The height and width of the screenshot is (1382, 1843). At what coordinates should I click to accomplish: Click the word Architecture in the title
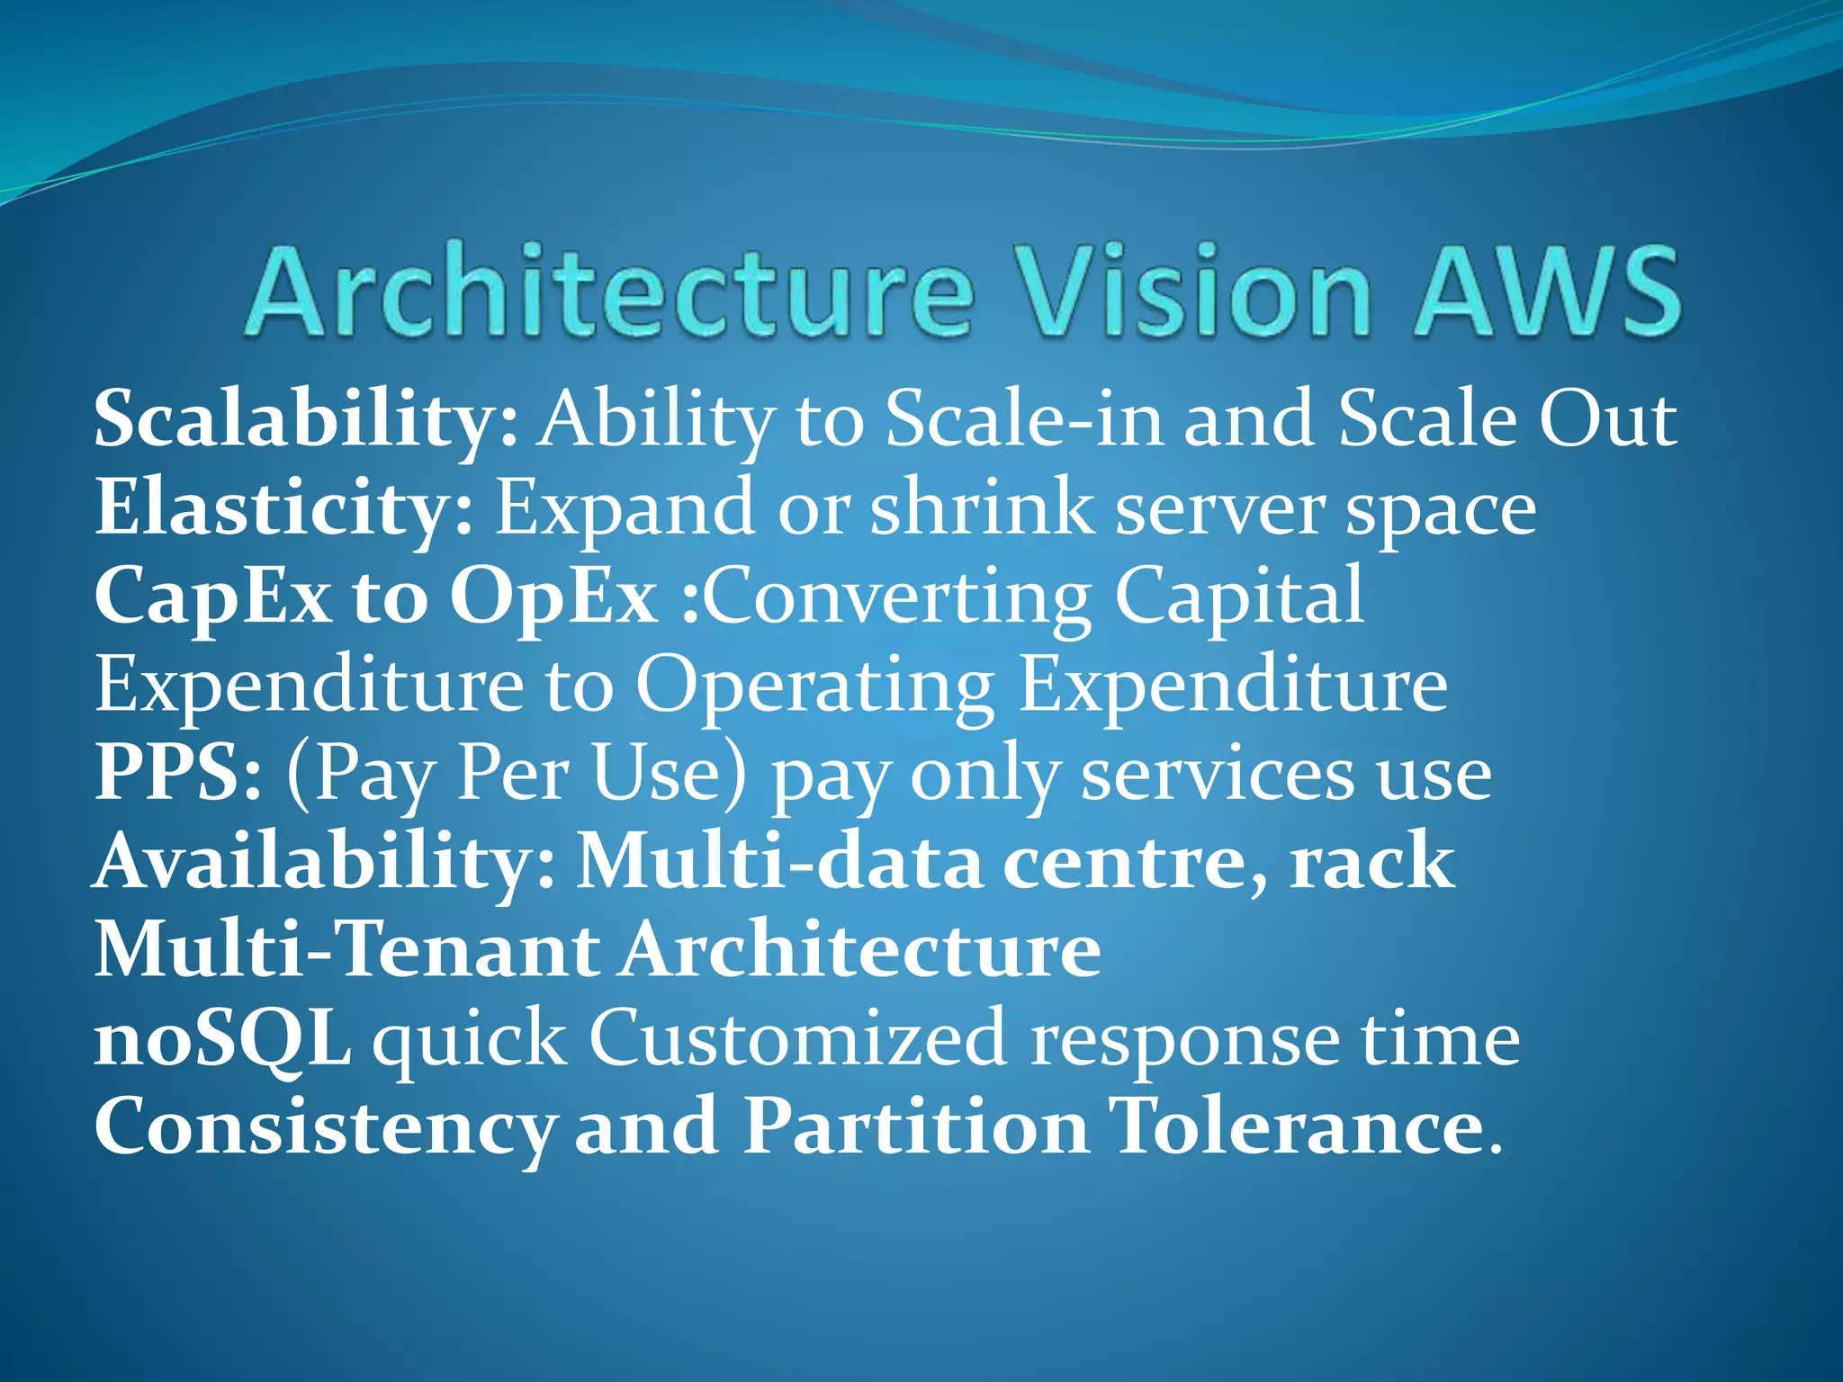[608, 292]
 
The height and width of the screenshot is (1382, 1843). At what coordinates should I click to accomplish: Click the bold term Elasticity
[284, 508]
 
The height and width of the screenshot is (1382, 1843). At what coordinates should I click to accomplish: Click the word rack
[1371, 862]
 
